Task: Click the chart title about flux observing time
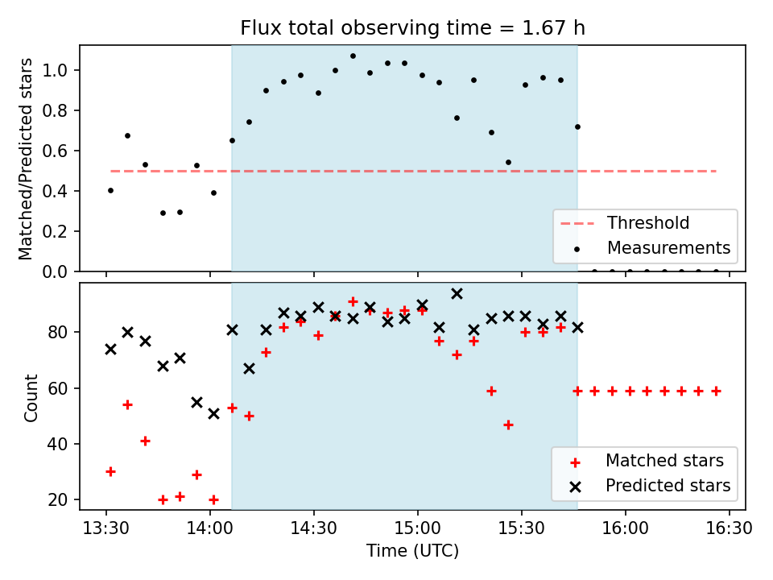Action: pyautogui.click(x=412, y=28)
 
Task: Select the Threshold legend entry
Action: pyautogui.click(x=648, y=222)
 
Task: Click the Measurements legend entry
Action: pyautogui.click(x=668, y=247)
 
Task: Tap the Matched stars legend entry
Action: pyautogui.click(x=664, y=461)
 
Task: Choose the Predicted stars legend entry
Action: pyautogui.click(x=668, y=486)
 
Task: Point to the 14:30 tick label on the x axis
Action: pyautogui.click(x=313, y=528)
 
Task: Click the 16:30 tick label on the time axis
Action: pyautogui.click(x=729, y=528)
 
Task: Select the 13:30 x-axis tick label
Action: pyautogui.click(x=105, y=528)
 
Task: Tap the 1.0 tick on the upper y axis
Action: pyautogui.click(x=60, y=71)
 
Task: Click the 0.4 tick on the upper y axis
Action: pyautogui.click(x=60, y=192)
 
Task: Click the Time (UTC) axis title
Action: pyautogui.click(x=412, y=552)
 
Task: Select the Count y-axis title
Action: pyautogui.click(x=31, y=397)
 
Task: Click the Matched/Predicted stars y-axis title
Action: pyautogui.click(x=27, y=159)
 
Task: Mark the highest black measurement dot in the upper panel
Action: pyautogui.click(x=353, y=56)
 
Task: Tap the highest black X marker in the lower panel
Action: pyautogui.click(x=457, y=294)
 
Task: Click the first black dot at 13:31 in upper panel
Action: pyautogui.click(x=110, y=190)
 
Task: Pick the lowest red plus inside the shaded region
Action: pyautogui.click(x=508, y=425)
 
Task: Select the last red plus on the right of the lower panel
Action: pyautogui.click(x=716, y=391)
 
